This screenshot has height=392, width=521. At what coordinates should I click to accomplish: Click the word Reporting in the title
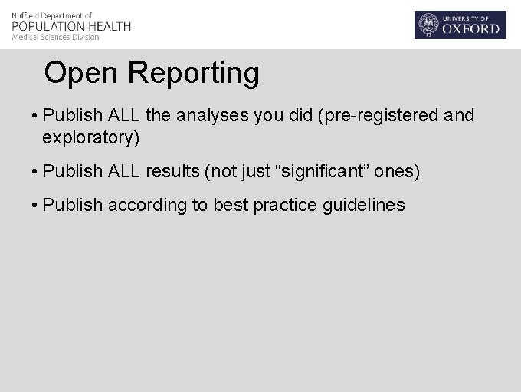tap(194, 74)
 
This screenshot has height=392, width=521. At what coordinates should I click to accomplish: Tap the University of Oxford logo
tap(460, 25)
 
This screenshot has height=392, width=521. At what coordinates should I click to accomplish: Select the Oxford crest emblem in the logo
tap(428, 25)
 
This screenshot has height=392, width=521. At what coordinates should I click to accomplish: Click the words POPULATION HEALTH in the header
tap(71, 26)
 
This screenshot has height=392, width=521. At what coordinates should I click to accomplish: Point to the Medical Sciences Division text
tap(56, 38)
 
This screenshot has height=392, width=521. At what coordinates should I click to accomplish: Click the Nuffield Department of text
tap(52, 15)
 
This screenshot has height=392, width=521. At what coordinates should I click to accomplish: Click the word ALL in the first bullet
tap(124, 116)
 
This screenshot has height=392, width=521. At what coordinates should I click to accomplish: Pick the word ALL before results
tap(124, 171)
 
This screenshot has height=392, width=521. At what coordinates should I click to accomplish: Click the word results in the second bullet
tap(172, 171)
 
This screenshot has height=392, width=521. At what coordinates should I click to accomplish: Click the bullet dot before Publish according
tap(35, 206)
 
